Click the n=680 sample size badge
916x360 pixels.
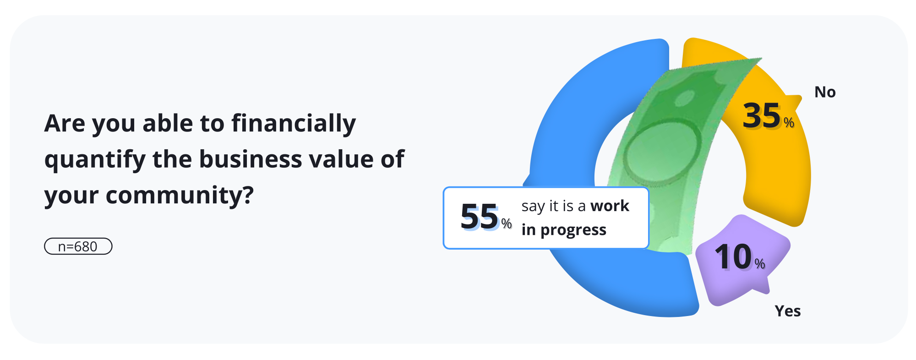(78, 246)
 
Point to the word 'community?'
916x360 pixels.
(180, 196)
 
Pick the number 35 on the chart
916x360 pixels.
(761, 116)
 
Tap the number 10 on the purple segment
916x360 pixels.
(733, 257)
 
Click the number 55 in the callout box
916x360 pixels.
(480, 217)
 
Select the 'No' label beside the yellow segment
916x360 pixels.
(825, 92)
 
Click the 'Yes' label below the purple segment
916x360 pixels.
(788, 311)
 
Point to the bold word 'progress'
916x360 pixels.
(573, 230)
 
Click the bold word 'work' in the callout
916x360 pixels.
(610, 206)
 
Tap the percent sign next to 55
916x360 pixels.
(506, 224)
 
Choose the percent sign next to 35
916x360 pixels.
(789, 122)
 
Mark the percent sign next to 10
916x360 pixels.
(760, 264)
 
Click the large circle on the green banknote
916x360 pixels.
(662, 153)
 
